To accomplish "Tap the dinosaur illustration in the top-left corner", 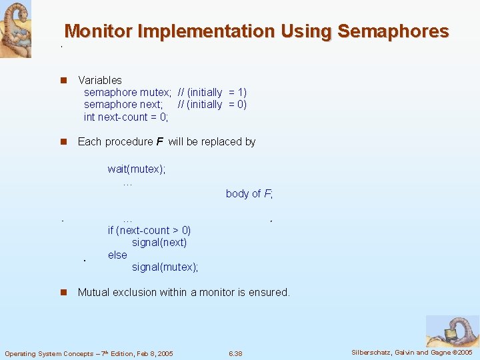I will tap(15, 29).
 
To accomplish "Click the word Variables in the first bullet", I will tap(100, 80).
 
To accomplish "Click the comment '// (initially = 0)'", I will tap(212, 105).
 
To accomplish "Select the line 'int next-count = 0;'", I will tap(126, 117).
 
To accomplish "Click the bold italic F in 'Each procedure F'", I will tap(159, 141).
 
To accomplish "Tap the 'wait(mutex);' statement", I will tap(137, 169).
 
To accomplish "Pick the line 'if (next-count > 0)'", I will tap(149, 231).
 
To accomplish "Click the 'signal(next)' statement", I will tap(159, 243).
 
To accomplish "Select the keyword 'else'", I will tap(117, 255).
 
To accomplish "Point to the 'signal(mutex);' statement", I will tap(165, 267).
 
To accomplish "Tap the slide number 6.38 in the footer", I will tap(235, 353).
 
